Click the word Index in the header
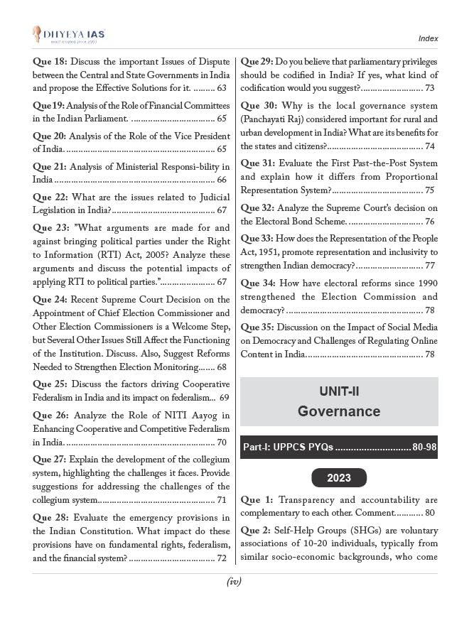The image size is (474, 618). pos(428,38)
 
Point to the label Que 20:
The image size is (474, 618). pos(50,136)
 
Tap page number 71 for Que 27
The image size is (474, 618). pos(221,499)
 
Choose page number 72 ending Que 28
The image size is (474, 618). pos(221,558)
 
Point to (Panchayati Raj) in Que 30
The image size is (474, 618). pos(272,119)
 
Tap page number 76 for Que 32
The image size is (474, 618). pos(429,222)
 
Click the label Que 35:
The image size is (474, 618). pos(258,327)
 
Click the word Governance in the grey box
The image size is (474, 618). pos(339,411)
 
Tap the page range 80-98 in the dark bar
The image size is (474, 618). pos(424,448)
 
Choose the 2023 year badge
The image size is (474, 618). pos(339,478)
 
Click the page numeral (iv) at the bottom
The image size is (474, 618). pos(235,582)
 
